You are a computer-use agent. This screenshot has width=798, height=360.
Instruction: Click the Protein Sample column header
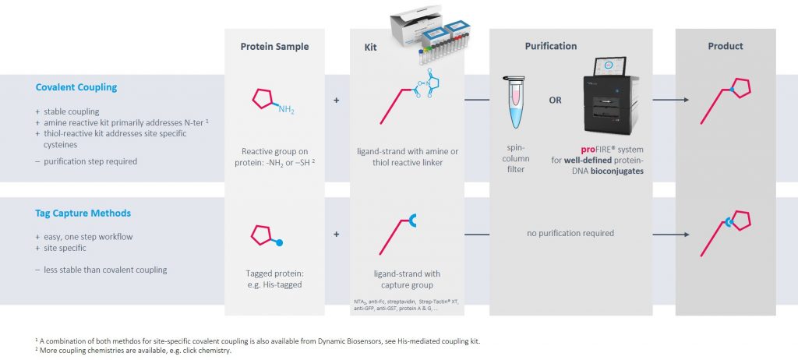[274, 46]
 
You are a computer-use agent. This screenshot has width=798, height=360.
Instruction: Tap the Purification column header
[551, 46]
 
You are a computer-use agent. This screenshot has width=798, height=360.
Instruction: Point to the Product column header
[726, 46]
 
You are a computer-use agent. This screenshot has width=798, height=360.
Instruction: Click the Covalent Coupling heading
[76, 87]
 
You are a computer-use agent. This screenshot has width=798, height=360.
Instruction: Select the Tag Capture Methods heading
[83, 214]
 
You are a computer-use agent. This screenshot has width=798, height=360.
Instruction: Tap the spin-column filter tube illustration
[513, 102]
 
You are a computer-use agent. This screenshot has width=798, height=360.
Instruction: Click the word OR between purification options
[555, 101]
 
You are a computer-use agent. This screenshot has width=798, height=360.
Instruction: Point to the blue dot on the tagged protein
[279, 243]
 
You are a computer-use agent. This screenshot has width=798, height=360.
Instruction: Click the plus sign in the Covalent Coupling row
[336, 101]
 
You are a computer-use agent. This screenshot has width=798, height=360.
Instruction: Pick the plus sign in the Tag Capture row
[336, 235]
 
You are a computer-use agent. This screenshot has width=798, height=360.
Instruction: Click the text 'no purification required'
[570, 233]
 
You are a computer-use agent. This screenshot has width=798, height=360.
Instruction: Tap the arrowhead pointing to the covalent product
[687, 100]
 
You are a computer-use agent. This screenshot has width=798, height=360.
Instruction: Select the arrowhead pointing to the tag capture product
[687, 235]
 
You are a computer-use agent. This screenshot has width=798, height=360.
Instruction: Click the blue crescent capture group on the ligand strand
[412, 221]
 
